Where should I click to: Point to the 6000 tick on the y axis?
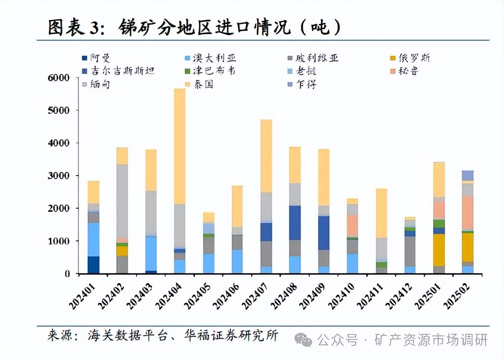59,78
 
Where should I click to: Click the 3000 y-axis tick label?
59,176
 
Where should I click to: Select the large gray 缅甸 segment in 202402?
122,201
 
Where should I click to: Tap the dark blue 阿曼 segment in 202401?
94,265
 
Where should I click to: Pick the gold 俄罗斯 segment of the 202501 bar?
439,250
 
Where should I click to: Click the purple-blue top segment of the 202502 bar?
468,176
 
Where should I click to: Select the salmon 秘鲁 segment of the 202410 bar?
352,226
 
